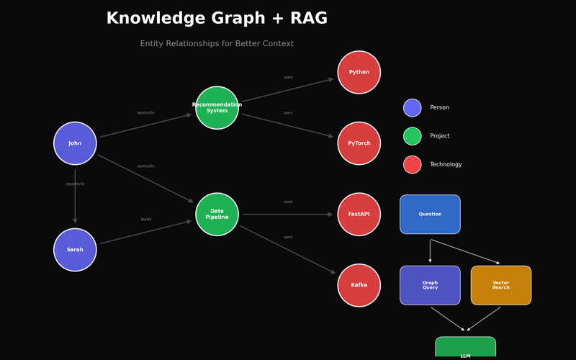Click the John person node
pyautogui.click(x=75, y=143)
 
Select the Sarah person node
pyautogui.click(x=75, y=250)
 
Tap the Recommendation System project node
pyautogui.click(x=217, y=108)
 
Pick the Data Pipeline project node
pyautogui.click(x=217, y=215)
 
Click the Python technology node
pyautogui.click(x=359, y=72)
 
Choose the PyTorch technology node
pyautogui.click(x=359, y=143)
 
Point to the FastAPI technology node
pyautogui.click(x=359, y=215)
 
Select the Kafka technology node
pyautogui.click(x=359, y=285)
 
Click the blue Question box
pyautogui.click(x=430, y=215)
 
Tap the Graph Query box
pyautogui.click(x=430, y=285)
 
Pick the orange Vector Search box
pyautogui.click(x=501, y=285)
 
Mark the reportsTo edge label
pyautogui.click(x=75, y=184)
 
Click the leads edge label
pyautogui.click(x=146, y=219)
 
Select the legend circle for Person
pyautogui.click(x=412, y=108)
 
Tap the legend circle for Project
pyautogui.click(x=412, y=136)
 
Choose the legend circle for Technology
pyautogui.click(x=412, y=165)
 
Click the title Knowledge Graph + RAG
pyautogui.click(x=217, y=19)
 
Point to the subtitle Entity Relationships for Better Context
pyautogui.click(x=217, y=44)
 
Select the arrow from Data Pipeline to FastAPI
pyautogui.click(x=288, y=215)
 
